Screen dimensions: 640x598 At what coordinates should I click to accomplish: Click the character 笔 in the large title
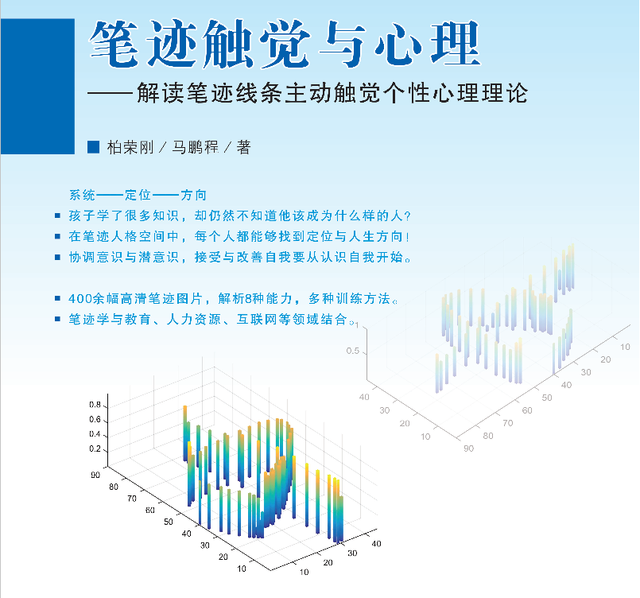click(x=114, y=44)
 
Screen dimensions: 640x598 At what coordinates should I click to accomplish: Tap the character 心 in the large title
click(x=398, y=44)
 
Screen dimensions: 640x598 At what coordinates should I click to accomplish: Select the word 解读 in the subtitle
click(x=160, y=93)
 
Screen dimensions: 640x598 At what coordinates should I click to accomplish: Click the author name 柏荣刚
click(x=130, y=147)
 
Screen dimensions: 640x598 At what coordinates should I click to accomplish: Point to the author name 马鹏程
click(x=195, y=147)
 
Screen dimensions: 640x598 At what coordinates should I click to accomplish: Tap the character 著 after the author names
click(x=243, y=147)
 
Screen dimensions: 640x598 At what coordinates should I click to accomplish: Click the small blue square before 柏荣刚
click(x=94, y=147)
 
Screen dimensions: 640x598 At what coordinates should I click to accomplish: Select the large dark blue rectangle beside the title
click(x=37, y=86)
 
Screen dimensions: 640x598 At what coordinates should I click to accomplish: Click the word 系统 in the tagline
click(x=82, y=195)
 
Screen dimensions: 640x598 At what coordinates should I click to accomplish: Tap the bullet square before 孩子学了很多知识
click(x=58, y=216)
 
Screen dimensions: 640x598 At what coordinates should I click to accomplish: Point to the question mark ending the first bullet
click(x=407, y=216)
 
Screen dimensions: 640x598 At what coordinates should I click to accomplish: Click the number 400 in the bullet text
click(x=80, y=299)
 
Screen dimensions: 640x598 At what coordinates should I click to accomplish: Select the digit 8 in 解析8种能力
click(x=248, y=299)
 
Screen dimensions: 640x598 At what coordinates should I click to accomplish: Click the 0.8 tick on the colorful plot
click(x=95, y=405)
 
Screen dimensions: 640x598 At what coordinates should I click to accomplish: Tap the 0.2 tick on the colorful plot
click(x=95, y=448)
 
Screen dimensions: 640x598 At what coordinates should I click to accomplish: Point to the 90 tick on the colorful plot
click(x=95, y=475)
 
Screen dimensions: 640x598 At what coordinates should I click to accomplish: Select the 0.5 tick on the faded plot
click(x=353, y=351)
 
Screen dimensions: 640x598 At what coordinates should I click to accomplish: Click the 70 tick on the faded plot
click(x=508, y=423)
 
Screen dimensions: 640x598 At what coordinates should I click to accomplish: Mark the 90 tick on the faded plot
click(x=468, y=448)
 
